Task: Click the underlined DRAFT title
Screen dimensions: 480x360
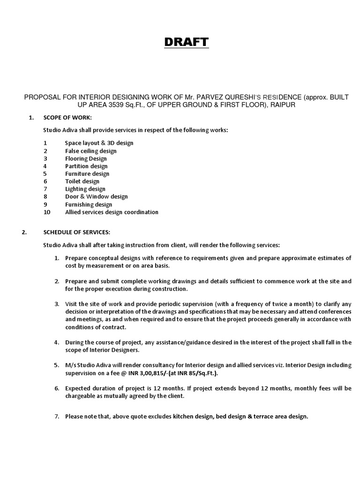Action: pyautogui.click(x=186, y=43)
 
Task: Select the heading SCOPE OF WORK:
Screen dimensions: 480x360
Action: pyautogui.click(x=67, y=117)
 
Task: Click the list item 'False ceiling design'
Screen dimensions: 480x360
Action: pyautogui.click(x=90, y=151)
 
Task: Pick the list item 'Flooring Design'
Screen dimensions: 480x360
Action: pyautogui.click(x=86, y=158)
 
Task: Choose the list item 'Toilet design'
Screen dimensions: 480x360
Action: pyautogui.click(x=82, y=181)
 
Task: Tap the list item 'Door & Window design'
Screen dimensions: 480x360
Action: pyautogui.click(x=96, y=196)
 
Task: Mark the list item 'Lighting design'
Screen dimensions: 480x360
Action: pyautogui.click(x=85, y=189)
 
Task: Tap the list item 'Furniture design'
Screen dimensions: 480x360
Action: pyautogui.click(x=87, y=173)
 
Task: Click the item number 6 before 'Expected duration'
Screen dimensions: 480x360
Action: pyautogui.click(x=56, y=388)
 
